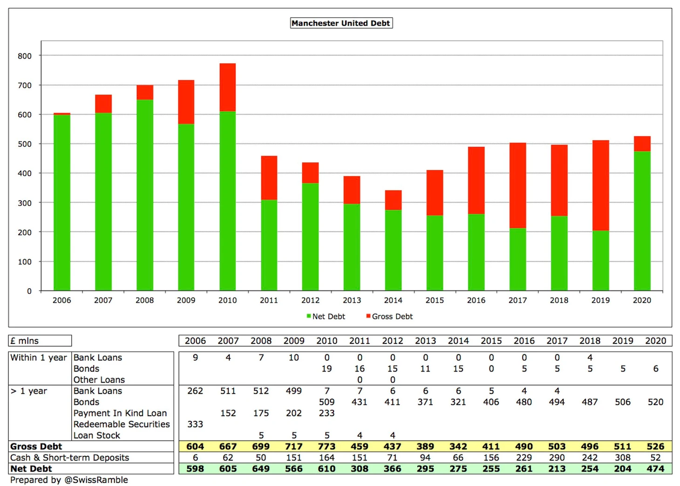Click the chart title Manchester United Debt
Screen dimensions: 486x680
341,23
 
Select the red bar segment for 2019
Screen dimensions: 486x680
600,185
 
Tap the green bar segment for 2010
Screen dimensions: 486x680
227,200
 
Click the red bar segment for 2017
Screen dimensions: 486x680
517,185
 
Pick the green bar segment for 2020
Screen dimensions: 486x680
642,221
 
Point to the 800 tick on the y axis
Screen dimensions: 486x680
25,56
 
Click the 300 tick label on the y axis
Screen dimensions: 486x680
25,203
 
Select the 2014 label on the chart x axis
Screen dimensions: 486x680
393,300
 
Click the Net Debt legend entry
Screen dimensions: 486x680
326,317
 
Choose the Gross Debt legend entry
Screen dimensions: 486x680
389,317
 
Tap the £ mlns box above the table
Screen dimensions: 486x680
40,341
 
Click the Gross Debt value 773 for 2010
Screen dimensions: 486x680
326,446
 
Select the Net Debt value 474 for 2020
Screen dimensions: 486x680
655,469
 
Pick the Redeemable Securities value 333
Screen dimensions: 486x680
195,424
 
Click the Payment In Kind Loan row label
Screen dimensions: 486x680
120,413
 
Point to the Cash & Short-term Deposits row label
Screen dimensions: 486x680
69,458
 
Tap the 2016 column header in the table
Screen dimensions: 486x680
524,341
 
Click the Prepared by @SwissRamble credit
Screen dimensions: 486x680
69,480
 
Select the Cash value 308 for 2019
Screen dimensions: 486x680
623,458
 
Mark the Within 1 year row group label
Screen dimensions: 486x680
39,358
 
